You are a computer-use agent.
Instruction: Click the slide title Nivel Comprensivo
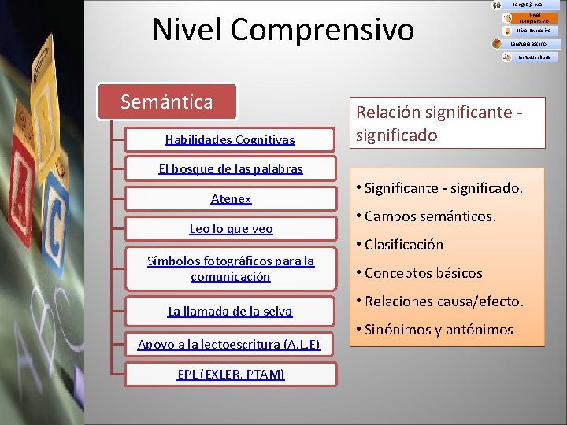tap(283, 30)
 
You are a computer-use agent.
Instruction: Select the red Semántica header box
tap(166, 102)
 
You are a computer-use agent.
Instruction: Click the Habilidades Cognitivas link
tap(230, 139)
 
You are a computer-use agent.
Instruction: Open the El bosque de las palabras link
tap(230, 169)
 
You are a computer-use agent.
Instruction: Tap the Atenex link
tap(231, 199)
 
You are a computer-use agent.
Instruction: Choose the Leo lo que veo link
tap(231, 229)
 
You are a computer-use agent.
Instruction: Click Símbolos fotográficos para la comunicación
tap(231, 268)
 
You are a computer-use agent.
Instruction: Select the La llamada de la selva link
tap(230, 312)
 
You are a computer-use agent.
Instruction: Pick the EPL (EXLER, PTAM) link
tap(231, 374)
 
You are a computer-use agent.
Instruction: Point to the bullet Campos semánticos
tap(430, 216)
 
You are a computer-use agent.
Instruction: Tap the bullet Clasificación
tap(403, 245)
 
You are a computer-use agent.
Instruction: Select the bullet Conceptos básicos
tap(423, 273)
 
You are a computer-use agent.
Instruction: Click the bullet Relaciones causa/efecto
tap(443, 301)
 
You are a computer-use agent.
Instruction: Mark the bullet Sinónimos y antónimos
tap(438, 330)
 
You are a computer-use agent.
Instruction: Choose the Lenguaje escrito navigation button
tap(532, 44)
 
